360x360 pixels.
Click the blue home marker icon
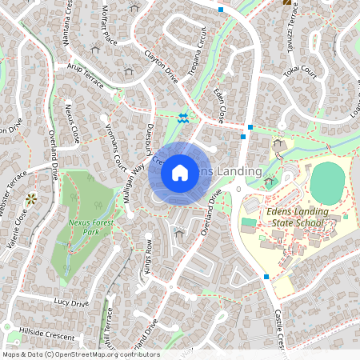pyautogui.click(x=180, y=172)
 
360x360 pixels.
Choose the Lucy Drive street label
pyautogui.click(x=70, y=303)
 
